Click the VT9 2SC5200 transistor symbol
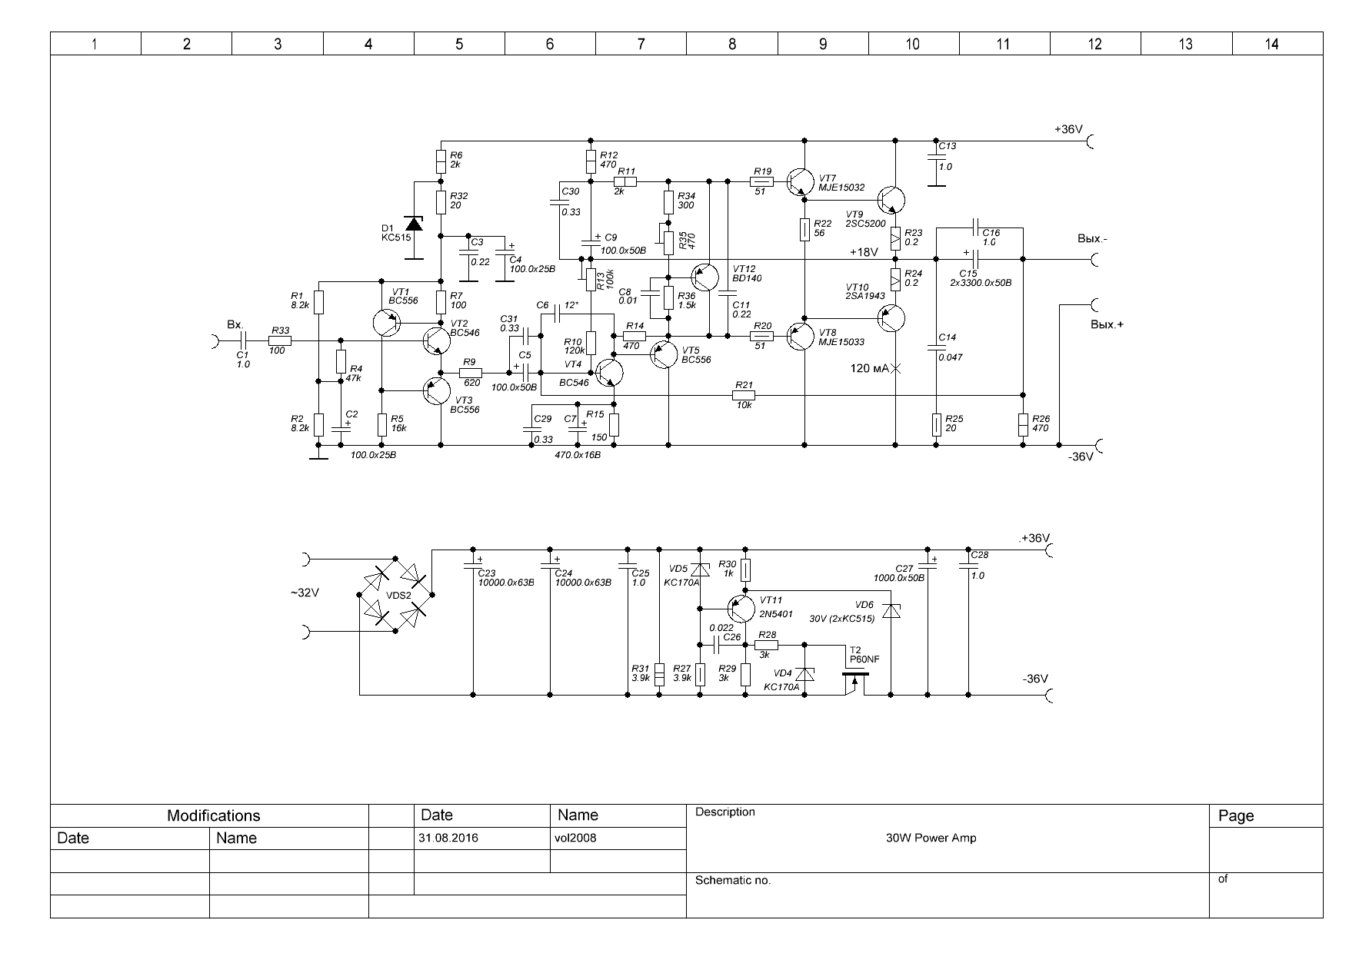(891, 200)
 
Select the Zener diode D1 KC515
(414, 224)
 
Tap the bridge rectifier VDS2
(396, 595)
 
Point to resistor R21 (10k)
(744, 395)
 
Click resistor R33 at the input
(280, 340)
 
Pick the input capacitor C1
(243, 340)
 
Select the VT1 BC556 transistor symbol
(386, 323)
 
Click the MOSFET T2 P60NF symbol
(855, 680)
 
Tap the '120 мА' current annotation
(869, 369)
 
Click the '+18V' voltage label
(864, 252)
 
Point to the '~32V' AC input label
(305, 593)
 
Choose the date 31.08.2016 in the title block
(448, 838)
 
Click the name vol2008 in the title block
(575, 838)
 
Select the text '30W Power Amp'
(931, 838)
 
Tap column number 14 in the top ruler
(1271, 44)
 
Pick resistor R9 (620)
(470, 373)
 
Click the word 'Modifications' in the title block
(214, 815)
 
